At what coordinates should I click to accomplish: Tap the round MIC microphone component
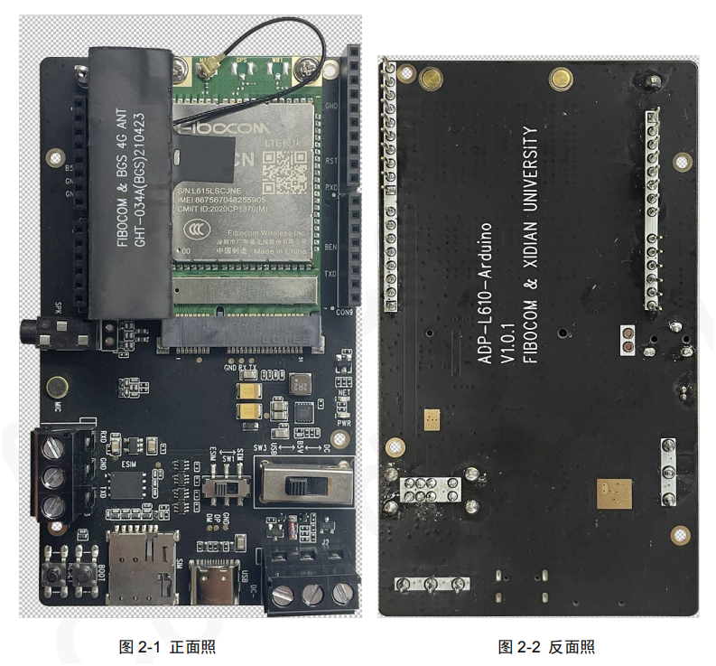tap(56, 387)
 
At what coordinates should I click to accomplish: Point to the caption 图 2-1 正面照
tap(167, 647)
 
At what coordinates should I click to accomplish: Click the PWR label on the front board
tap(342, 421)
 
